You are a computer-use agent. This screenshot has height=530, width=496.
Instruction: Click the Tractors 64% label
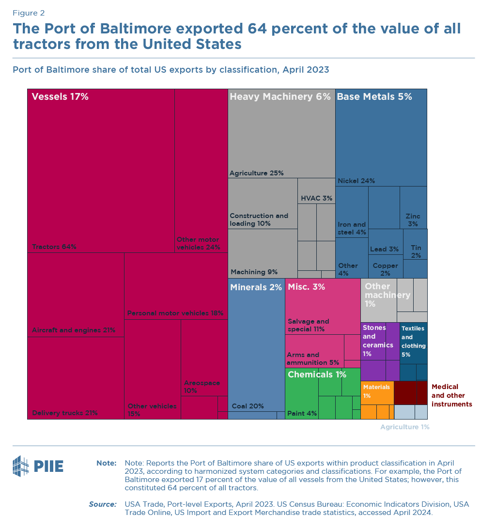[x=54, y=247]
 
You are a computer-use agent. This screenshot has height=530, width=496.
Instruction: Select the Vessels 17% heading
[x=60, y=96]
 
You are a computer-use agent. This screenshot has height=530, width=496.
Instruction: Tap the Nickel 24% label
[x=356, y=181]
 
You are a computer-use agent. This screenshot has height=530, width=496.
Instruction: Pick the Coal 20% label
[x=248, y=406]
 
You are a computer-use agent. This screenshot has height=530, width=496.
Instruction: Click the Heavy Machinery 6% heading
[x=280, y=96]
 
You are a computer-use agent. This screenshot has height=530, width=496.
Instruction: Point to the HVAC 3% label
[x=316, y=198]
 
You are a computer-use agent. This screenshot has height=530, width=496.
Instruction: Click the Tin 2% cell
[x=416, y=251]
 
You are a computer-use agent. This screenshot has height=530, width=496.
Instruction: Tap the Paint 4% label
[x=302, y=413]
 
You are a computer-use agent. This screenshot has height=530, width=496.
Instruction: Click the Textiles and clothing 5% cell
[x=413, y=342]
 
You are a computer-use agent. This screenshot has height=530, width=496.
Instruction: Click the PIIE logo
[x=38, y=466]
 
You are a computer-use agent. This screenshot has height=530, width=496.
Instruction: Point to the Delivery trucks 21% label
[x=65, y=413]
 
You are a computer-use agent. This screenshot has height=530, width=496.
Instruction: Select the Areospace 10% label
[x=202, y=386]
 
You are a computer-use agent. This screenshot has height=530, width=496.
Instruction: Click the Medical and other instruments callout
[x=451, y=395]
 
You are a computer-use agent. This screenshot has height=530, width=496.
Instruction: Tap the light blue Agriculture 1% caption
[x=404, y=427]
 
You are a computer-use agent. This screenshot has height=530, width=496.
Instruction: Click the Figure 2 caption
[x=29, y=13]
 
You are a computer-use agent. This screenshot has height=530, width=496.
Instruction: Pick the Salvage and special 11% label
[x=308, y=325]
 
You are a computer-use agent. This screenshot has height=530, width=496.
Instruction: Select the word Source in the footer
[x=102, y=504]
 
